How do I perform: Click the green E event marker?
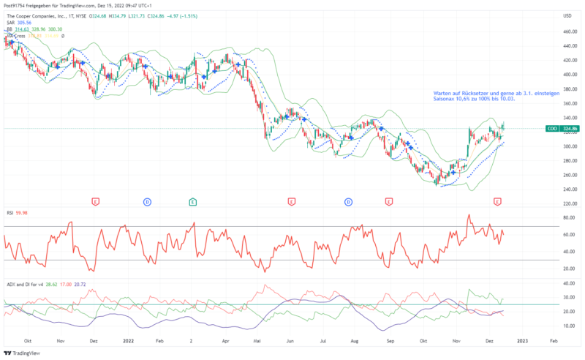point(192,200)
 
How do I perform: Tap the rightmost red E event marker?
point(498,200)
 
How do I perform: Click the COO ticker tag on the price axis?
point(553,129)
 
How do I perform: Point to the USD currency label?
point(567,15)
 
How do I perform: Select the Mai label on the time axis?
point(257,341)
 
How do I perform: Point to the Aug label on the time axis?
point(355,341)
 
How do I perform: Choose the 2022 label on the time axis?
point(127,341)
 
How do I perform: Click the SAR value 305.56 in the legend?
point(26,23)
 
